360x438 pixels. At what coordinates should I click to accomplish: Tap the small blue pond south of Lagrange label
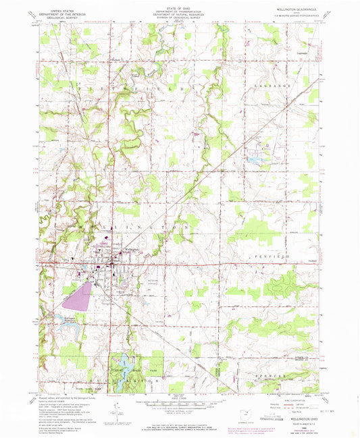tap(255, 161)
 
